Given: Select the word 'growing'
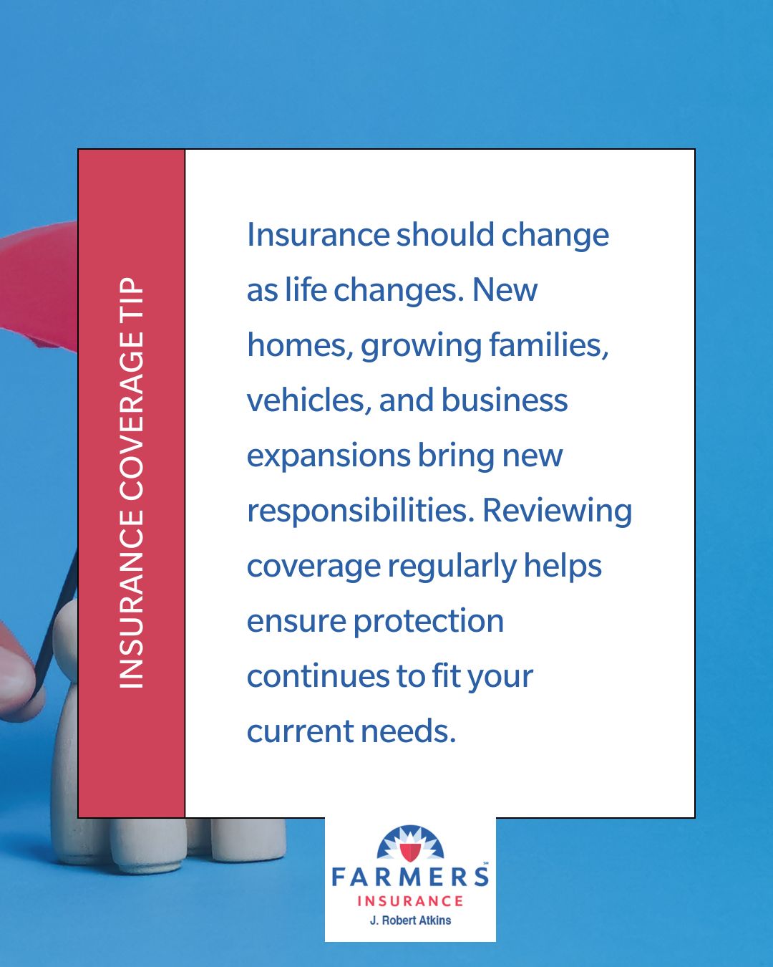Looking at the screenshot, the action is click(x=421, y=347).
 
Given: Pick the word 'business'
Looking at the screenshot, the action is click(x=505, y=400).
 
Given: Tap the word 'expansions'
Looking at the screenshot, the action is click(x=329, y=456).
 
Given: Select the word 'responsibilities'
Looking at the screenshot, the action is click(x=361, y=511).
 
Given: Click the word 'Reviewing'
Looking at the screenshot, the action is click(x=557, y=512).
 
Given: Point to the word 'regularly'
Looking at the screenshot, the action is click(x=452, y=567).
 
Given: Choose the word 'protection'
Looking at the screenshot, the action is click(x=429, y=622).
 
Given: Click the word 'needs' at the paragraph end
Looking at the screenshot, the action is click(x=408, y=731).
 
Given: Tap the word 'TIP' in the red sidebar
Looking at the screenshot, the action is click(x=131, y=299).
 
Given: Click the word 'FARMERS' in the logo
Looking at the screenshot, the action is click(x=410, y=877).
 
